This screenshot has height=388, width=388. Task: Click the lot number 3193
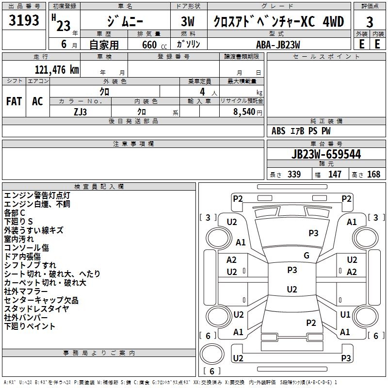pos(24,22)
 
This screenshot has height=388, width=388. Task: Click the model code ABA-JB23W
pos(278,44)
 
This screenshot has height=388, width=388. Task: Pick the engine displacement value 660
pos(148,45)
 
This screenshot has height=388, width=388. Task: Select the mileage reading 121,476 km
pos(57,70)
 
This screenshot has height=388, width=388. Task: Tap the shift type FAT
pos(14,101)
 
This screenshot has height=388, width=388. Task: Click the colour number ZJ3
pos(81,111)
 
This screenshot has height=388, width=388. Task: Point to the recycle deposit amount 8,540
pos(244,111)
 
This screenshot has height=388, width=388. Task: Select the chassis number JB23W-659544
pos(326,155)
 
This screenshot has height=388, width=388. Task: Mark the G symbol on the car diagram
pos(307,256)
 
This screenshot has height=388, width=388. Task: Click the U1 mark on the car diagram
pos(345,315)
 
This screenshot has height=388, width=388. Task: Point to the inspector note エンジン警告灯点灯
pos(37,195)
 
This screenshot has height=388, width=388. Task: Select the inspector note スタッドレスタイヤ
pos(36,309)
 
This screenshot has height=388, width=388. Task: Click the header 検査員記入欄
pos(99,187)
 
